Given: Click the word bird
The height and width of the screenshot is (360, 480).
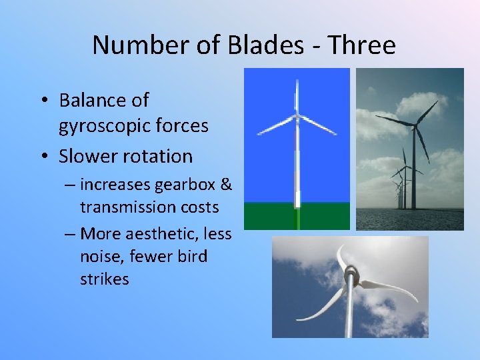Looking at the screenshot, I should tap(192, 256).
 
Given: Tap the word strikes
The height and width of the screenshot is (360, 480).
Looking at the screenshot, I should tap(105, 279).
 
